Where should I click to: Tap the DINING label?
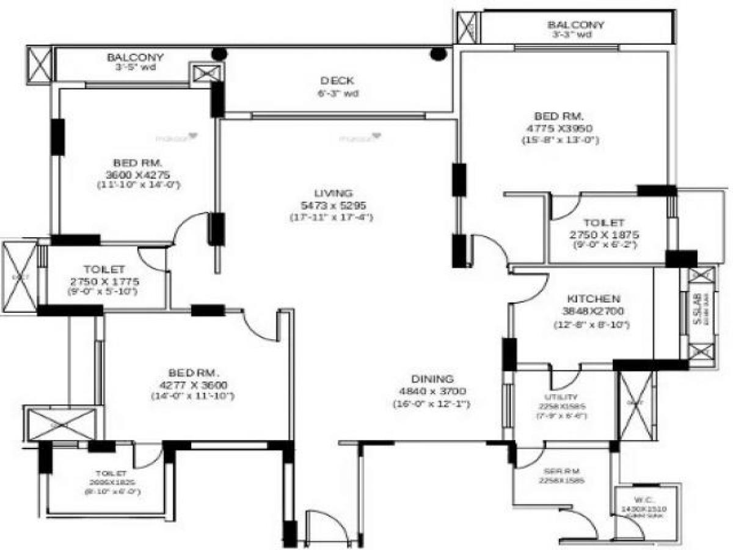coord(431,378)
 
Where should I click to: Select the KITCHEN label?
coord(594,299)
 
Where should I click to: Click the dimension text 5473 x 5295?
coord(330,205)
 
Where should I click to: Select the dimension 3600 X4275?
coord(137,174)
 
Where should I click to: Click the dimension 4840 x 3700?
coord(431,391)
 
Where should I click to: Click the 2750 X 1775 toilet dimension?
coord(104,281)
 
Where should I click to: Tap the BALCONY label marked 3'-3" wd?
coord(575,25)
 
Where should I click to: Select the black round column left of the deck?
coord(219,54)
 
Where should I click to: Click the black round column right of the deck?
coord(438,54)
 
